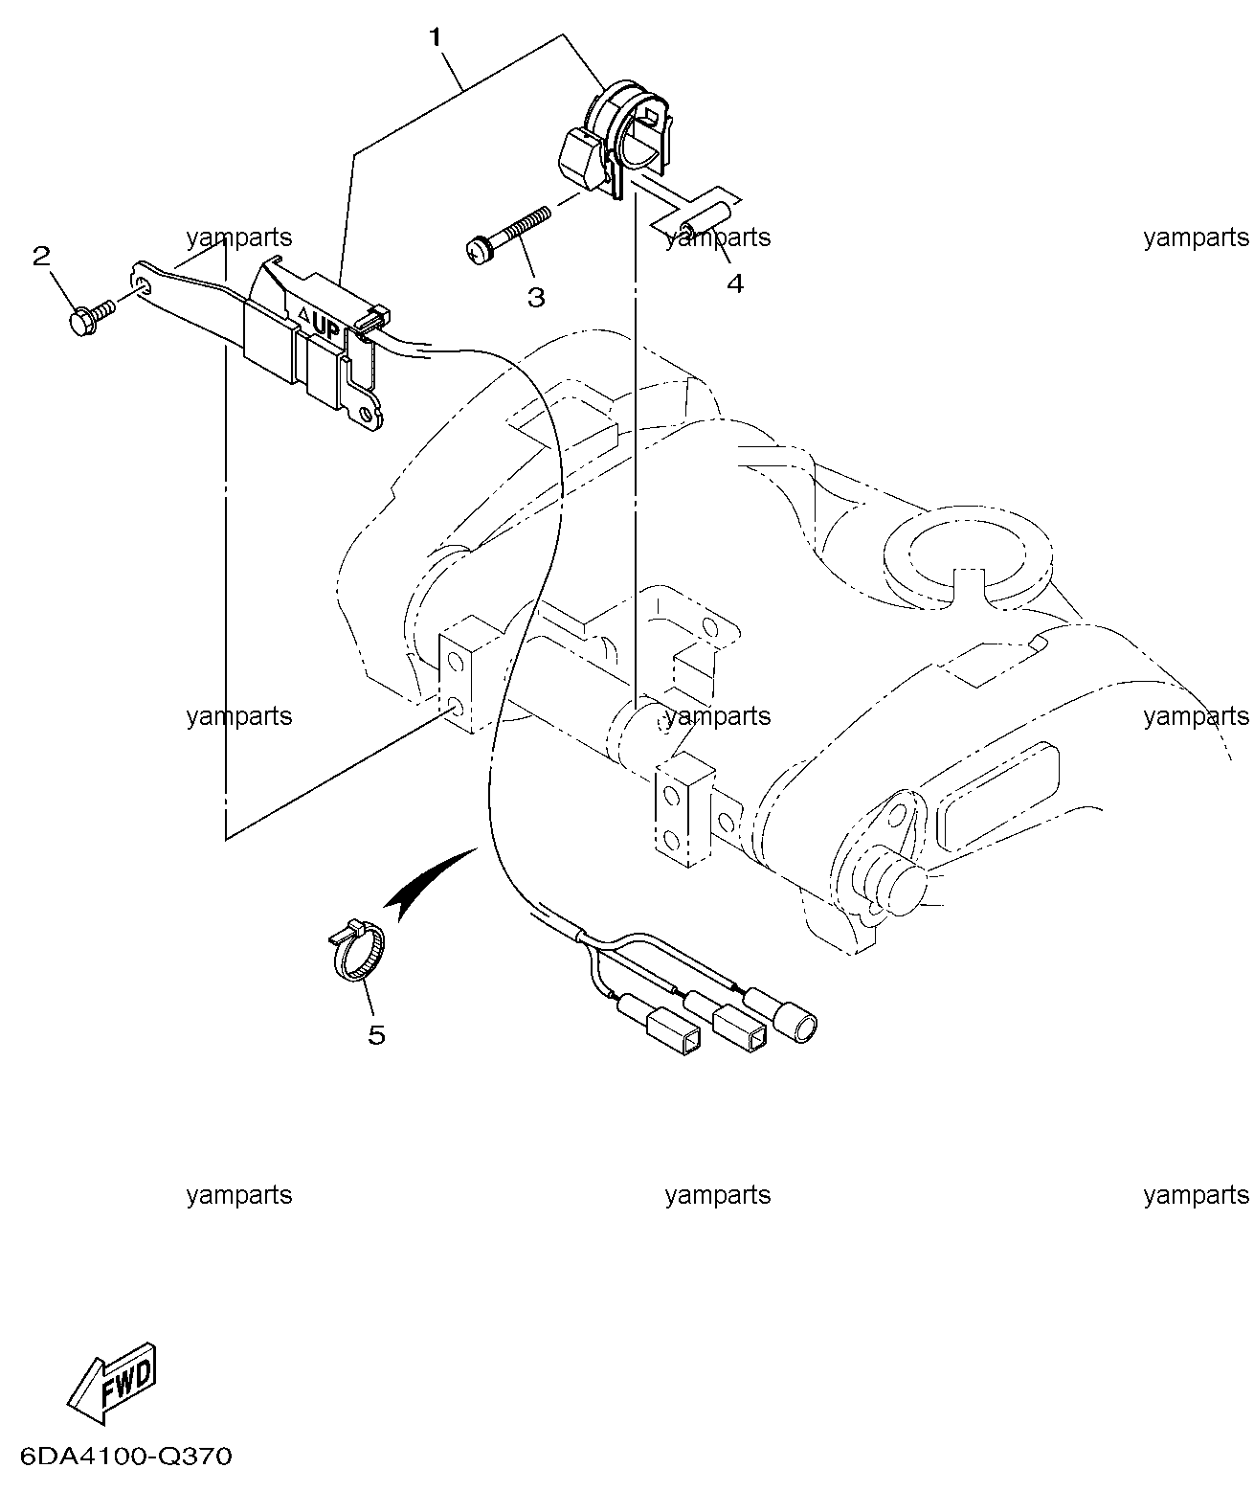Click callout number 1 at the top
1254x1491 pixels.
pos(436,37)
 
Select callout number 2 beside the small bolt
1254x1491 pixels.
pos(41,256)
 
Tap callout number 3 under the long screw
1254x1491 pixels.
pos(536,298)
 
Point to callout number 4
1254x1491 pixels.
pos(735,283)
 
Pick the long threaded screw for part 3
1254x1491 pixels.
pos(508,235)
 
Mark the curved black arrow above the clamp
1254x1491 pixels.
pos(428,883)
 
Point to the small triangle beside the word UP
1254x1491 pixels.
pos(303,313)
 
